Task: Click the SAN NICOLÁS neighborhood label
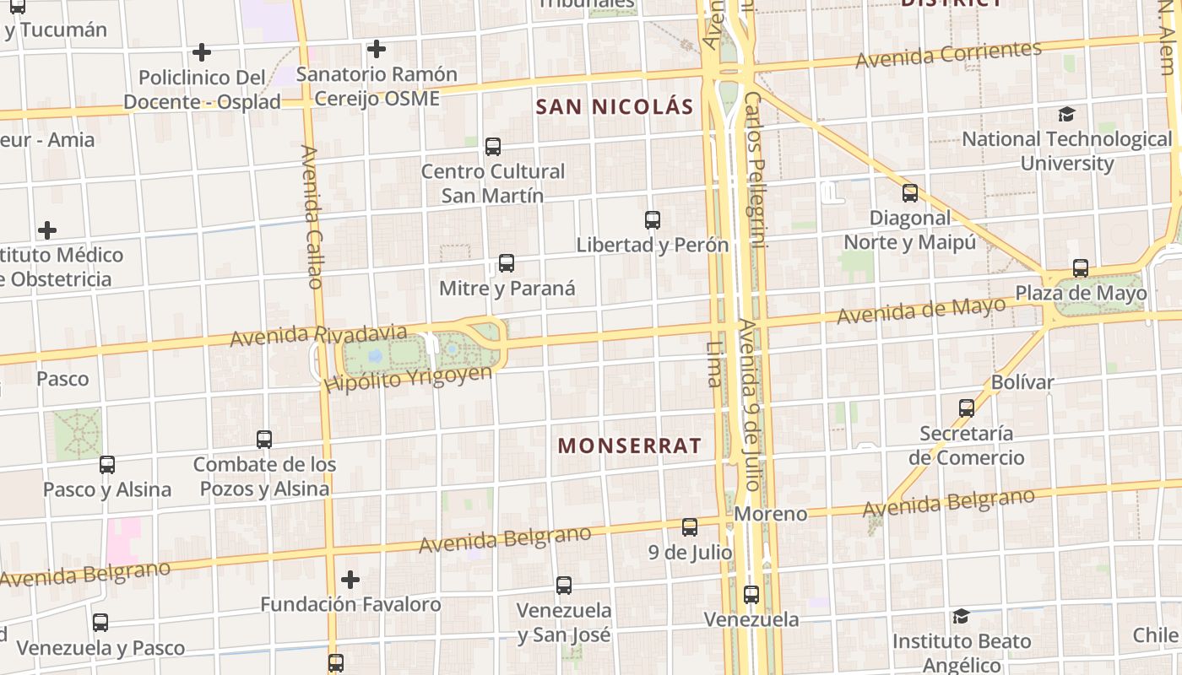click(615, 107)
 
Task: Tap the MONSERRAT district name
click(630, 445)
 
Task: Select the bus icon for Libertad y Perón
click(653, 220)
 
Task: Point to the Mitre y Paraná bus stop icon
click(507, 263)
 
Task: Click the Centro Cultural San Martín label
click(493, 183)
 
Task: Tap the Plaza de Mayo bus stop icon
click(1081, 268)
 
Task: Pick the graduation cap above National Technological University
click(1067, 114)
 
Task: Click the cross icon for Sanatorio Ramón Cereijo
click(377, 49)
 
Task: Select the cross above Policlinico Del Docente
click(201, 52)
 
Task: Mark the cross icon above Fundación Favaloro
click(350, 579)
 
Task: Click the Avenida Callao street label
click(312, 217)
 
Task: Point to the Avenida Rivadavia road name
click(318, 335)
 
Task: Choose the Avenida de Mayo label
click(922, 311)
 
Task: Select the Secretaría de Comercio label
click(967, 445)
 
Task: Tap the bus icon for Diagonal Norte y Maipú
click(910, 193)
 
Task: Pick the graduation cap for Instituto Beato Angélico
click(961, 617)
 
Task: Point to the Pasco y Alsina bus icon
click(107, 464)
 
